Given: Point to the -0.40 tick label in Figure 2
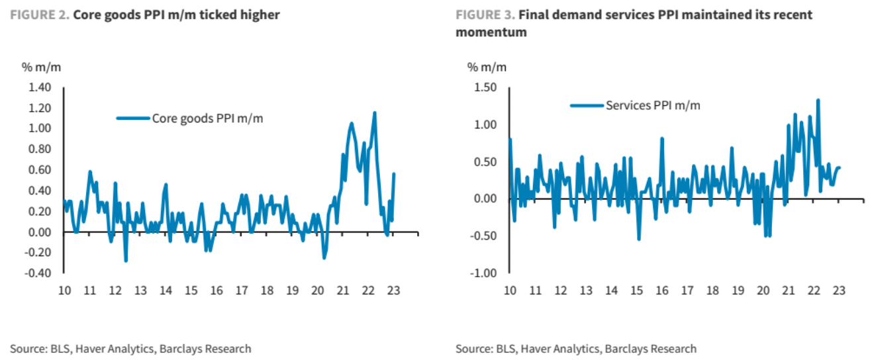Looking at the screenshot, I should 38,273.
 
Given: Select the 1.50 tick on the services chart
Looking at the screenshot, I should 486,87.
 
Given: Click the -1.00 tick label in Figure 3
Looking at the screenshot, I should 484,273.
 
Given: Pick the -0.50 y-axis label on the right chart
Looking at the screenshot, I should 484,236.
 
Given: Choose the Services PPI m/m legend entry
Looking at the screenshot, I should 653,105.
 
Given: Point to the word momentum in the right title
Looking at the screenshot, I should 491,32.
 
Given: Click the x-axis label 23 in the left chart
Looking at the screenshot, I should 393,290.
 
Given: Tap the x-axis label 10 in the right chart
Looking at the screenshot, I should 510,290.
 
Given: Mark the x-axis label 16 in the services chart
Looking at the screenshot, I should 661,290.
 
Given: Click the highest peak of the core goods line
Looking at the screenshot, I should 375,112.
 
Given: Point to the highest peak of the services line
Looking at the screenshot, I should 818,100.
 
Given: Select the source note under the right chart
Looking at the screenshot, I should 576,349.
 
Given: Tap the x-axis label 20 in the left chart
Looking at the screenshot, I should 317,290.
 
